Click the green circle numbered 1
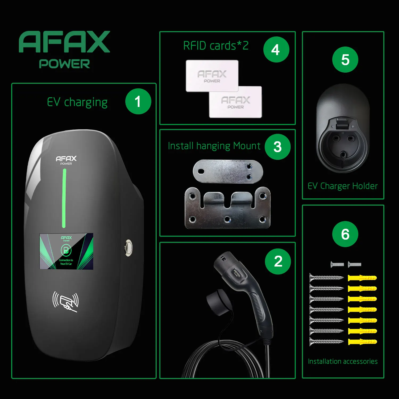[138, 101]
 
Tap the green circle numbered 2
[278, 261]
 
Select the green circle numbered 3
[277, 147]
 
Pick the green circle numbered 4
[276, 49]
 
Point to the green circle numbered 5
[345, 59]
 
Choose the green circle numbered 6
[345, 234]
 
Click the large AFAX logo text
[64, 42]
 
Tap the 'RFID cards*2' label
[216, 46]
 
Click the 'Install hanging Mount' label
[214, 146]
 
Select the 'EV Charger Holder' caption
[343, 186]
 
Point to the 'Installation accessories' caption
[343, 361]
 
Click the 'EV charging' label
[77, 102]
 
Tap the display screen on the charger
[66, 251]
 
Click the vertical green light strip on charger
[64, 198]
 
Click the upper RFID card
[212, 76]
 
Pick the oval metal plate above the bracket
[228, 171]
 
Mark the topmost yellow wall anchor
[362, 278]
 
